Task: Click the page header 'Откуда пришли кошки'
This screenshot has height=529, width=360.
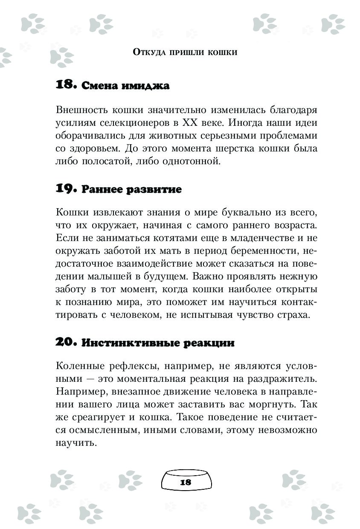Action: pos(185,52)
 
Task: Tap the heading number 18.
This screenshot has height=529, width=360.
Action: pos(65,85)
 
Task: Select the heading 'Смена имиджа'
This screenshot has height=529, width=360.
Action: pos(125,86)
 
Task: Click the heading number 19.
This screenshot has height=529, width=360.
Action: pos(65,189)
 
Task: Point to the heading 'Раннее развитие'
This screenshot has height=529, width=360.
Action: pos(131,190)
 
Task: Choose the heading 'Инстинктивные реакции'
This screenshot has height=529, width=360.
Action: pos(158,343)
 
